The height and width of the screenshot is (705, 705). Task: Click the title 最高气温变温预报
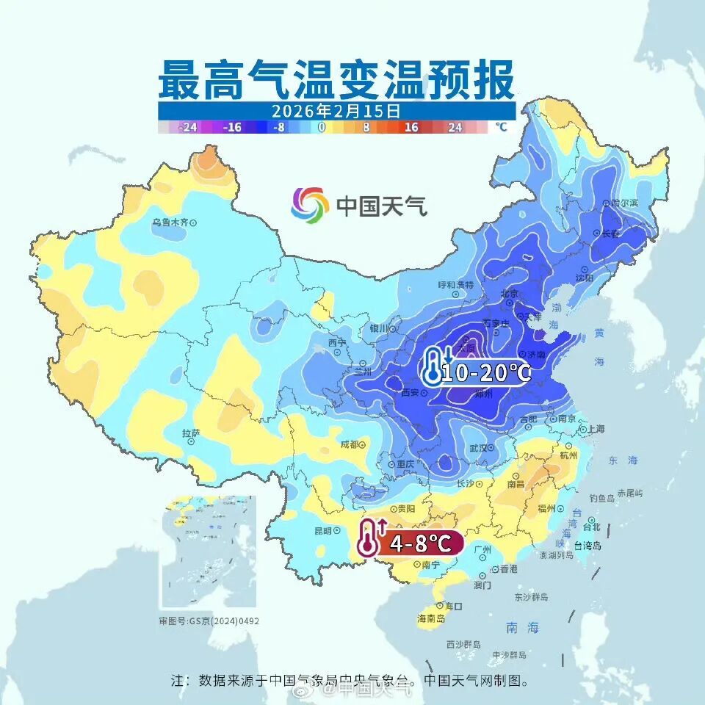point(336,81)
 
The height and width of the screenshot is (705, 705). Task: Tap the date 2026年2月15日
point(336,112)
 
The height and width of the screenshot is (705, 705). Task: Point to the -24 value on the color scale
point(188,127)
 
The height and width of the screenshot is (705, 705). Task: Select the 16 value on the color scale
point(411,127)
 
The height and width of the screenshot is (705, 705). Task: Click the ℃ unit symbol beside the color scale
point(501,127)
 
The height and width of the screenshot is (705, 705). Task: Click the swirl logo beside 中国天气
point(309,205)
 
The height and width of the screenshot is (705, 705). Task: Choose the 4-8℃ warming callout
point(411,543)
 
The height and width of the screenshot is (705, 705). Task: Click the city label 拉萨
point(190,433)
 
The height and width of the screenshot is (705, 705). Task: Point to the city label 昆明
point(323,530)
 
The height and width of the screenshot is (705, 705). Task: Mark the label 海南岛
point(431,619)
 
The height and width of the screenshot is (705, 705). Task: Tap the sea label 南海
point(522,628)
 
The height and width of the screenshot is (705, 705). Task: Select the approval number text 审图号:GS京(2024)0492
point(209,621)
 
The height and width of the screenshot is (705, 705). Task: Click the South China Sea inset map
point(208,551)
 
